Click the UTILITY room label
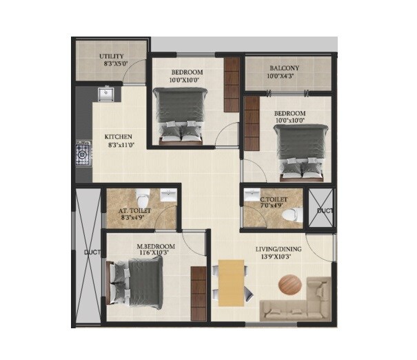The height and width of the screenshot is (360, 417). [112, 55]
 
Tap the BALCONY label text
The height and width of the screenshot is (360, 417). [284, 68]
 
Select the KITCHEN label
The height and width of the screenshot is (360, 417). [118, 137]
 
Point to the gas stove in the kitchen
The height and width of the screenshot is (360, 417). [83, 154]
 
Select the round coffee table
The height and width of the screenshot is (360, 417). [290, 285]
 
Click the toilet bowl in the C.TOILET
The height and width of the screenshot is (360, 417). [293, 213]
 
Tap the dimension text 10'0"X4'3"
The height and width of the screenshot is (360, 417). [284, 77]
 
